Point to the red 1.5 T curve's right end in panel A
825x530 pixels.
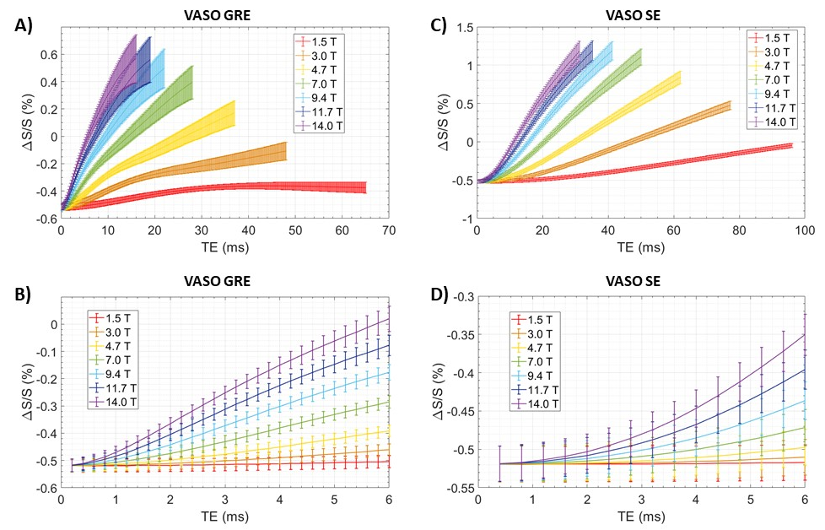tap(365, 187)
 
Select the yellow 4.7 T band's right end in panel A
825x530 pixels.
tap(234, 114)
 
